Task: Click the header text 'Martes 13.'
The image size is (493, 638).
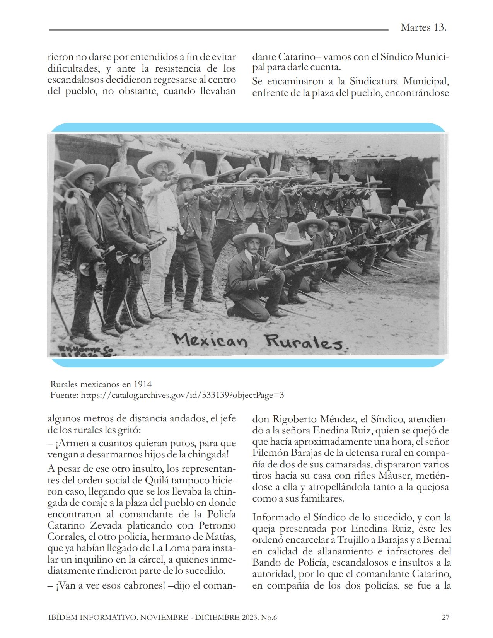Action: [x=423, y=27]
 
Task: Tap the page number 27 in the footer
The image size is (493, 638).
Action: [x=445, y=617]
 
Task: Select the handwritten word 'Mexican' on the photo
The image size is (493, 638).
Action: [x=210, y=340]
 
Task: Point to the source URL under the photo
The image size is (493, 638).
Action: [x=182, y=395]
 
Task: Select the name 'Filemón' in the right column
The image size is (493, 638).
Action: [x=270, y=453]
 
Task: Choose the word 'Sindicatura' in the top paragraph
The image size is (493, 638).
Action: [x=377, y=82]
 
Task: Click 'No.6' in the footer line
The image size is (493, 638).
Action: [x=269, y=617]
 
